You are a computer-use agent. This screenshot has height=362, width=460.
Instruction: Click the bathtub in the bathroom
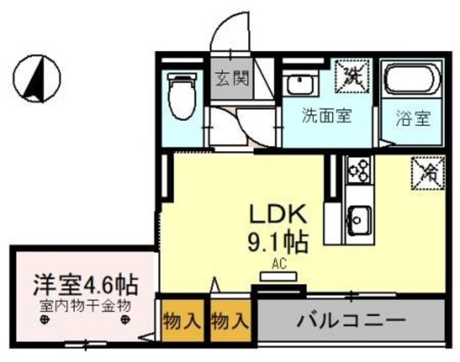[x=409, y=83]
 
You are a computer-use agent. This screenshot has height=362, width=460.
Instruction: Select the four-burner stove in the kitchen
[x=357, y=171]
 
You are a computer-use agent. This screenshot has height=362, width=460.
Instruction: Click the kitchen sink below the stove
[x=357, y=217]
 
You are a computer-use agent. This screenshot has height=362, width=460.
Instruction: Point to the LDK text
[x=278, y=214]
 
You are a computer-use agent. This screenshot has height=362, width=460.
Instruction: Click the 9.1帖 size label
[x=278, y=241]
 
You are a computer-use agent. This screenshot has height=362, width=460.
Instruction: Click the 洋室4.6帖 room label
[x=85, y=281]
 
